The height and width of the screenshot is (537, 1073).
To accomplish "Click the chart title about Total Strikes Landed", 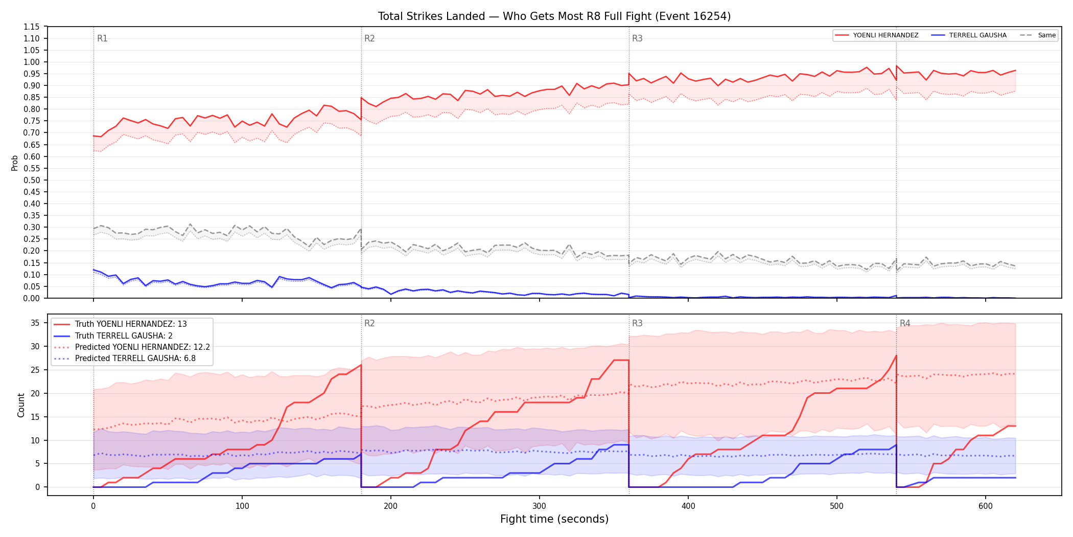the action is tap(554, 16).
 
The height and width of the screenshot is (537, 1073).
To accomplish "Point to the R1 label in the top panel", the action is tap(102, 38).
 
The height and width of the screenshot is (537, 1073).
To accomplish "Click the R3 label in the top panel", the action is tap(637, 38).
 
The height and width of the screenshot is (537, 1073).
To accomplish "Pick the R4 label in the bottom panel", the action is tap(905, 323).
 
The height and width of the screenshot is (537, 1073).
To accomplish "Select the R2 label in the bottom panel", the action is tap(369, 323).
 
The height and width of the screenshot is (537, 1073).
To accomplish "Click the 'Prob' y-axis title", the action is tap(15, 163).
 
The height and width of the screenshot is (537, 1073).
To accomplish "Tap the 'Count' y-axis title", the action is tap(21, 405).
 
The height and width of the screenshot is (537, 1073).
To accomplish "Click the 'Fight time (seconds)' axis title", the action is tap(554, 519).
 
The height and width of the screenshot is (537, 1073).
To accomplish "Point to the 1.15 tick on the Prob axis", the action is tap(32, 27).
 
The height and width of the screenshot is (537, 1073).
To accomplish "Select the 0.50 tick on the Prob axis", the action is tap(32, 180).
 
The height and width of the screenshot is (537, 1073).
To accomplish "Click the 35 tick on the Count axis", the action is tap(35, 323).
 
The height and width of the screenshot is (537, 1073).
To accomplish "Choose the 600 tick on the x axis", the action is tap(986, 506).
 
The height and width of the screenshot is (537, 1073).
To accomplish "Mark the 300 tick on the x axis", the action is tap(540, 506).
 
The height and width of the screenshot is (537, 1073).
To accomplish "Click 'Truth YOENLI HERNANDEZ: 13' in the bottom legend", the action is tap(131, 324).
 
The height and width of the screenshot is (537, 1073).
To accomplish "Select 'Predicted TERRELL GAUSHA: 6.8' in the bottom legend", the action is tap(135, 359).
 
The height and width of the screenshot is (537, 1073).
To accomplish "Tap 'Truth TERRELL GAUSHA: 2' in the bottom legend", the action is tap(124, 336).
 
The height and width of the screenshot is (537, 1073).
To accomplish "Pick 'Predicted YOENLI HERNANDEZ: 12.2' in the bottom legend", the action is tap(143, 347).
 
